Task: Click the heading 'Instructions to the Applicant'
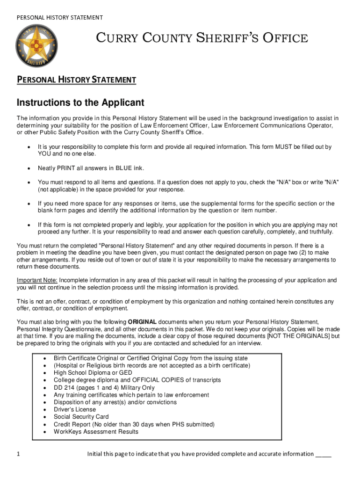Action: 80,102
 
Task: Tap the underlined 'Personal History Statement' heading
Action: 76,80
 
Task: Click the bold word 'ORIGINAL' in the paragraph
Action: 143,322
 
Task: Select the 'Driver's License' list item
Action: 74,409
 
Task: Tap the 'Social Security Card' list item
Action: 81,417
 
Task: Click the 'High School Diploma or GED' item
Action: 93,373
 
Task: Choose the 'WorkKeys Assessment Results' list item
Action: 96,431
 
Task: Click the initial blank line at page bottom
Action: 324,455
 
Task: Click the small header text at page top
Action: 60,18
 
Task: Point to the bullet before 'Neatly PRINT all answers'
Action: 29,168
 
